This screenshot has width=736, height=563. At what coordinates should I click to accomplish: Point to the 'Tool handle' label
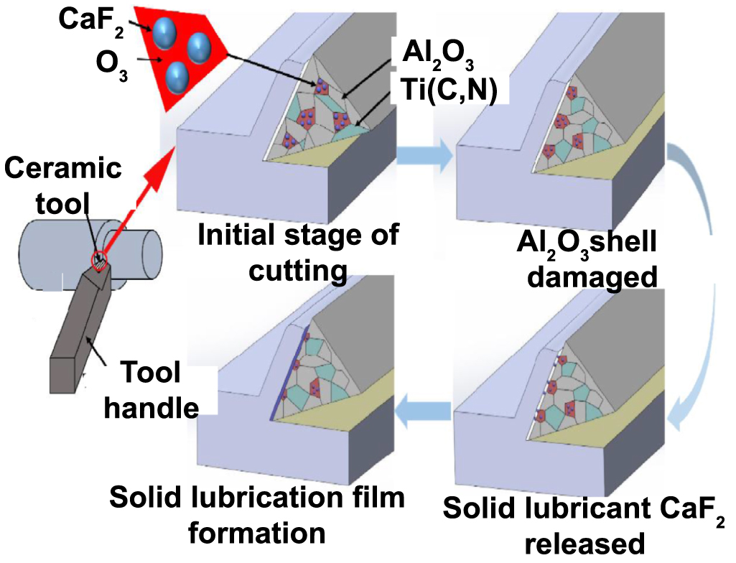pyautogui.click(x=151, y=391)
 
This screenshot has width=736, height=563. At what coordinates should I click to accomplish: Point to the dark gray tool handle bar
pyautogui.click(x=79, y=338)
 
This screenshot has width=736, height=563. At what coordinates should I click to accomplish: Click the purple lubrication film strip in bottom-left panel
pyautogui.click(x=290, y=373)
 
